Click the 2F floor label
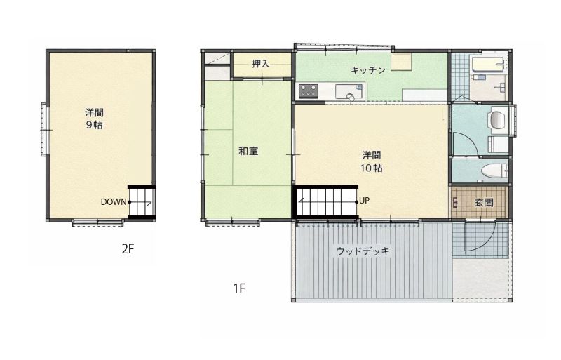click(128, 248)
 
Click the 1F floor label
click(239, 288)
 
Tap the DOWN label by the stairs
click(114, 202)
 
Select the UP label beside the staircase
click(364, 201)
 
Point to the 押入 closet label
click(260, 64)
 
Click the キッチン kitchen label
click(368, 70)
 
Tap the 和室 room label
click(248, 151)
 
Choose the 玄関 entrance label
click(484, 203)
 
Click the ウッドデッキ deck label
click(363, 251)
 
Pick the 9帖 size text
click(95, 125)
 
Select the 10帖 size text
click(372, 168)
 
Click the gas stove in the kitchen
click(309, 91)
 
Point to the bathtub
click(488, 64)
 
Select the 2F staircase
click(142, 202)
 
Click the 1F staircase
click(326, 202)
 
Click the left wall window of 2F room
click(44, 129)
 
